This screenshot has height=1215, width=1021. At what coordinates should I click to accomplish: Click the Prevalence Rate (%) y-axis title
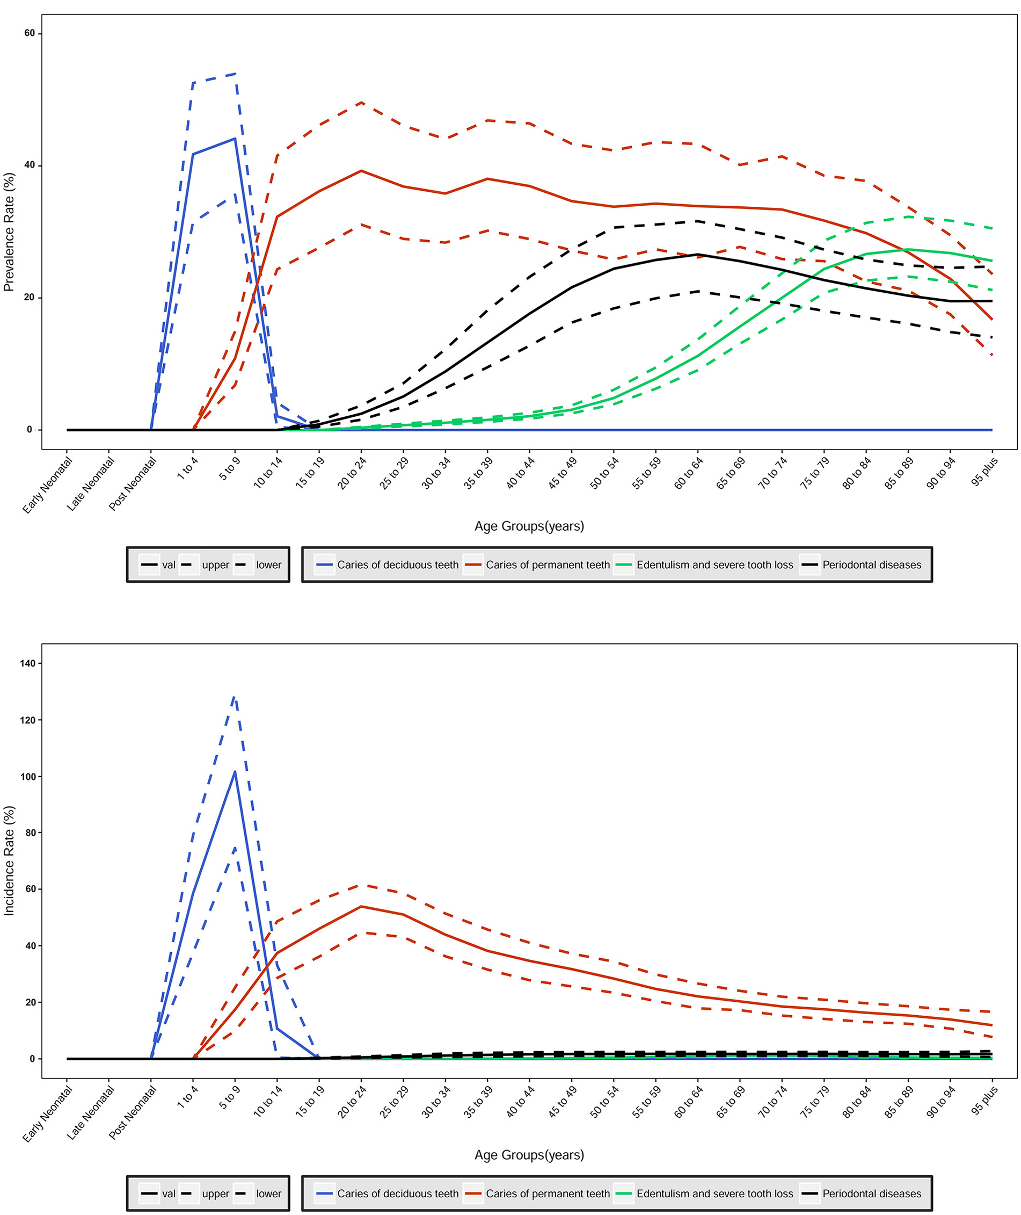point(9,232)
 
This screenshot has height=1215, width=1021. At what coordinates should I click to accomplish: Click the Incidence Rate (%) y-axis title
point(9,860)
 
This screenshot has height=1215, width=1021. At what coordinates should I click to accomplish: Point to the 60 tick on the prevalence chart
point(29,34)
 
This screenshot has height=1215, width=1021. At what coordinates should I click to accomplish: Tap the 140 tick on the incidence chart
point(27,664)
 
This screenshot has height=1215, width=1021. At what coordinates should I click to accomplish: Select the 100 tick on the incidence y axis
point(27,777)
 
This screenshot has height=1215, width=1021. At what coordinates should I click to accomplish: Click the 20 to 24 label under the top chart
point(352,473)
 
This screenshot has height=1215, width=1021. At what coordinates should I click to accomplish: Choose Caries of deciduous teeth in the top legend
point(398,565)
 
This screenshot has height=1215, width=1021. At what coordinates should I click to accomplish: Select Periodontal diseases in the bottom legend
point(872,1194)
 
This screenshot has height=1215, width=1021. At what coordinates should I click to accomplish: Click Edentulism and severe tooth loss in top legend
point(715,565)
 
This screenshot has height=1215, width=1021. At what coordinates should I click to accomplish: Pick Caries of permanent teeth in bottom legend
point(548,1194)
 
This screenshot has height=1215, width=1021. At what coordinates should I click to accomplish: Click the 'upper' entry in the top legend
point(215,565)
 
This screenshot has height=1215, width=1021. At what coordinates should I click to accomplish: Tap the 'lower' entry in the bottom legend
point(268,1194)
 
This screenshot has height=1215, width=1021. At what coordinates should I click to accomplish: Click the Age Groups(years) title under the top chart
point(529,526)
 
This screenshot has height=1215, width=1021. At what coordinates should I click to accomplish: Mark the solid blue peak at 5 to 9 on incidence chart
point(235,772)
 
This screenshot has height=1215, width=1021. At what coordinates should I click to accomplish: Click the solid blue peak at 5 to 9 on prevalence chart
point(235,139)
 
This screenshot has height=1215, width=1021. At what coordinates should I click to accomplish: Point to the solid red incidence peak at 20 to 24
point(361,906)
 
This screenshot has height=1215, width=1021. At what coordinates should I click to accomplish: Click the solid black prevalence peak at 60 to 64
point(698,254)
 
